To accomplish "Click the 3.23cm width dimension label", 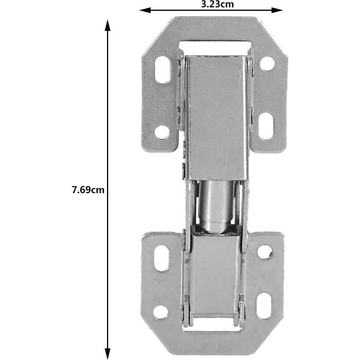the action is pyautogui.click(x=217, y=4).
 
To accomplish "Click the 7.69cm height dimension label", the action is pyautogui.click(x=88, y=190).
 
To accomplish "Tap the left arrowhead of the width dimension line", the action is pyautogui.click(x=145, y=10).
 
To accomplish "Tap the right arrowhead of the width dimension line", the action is pyautogui.click(x=277, y=10).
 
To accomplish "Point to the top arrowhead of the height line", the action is pyautogui.click(x=107, y=25).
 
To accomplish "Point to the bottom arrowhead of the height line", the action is pyautogui.click(x=107, y=354).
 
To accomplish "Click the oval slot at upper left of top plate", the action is pyautogui.click(x=163, y=70).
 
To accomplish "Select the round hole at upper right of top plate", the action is pyautogui.click(x=267, y=64).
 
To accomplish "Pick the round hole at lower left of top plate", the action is pyautogui.click(x=162, y=132).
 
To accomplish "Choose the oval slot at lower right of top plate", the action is pyautogui.click(x=266, y=126).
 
